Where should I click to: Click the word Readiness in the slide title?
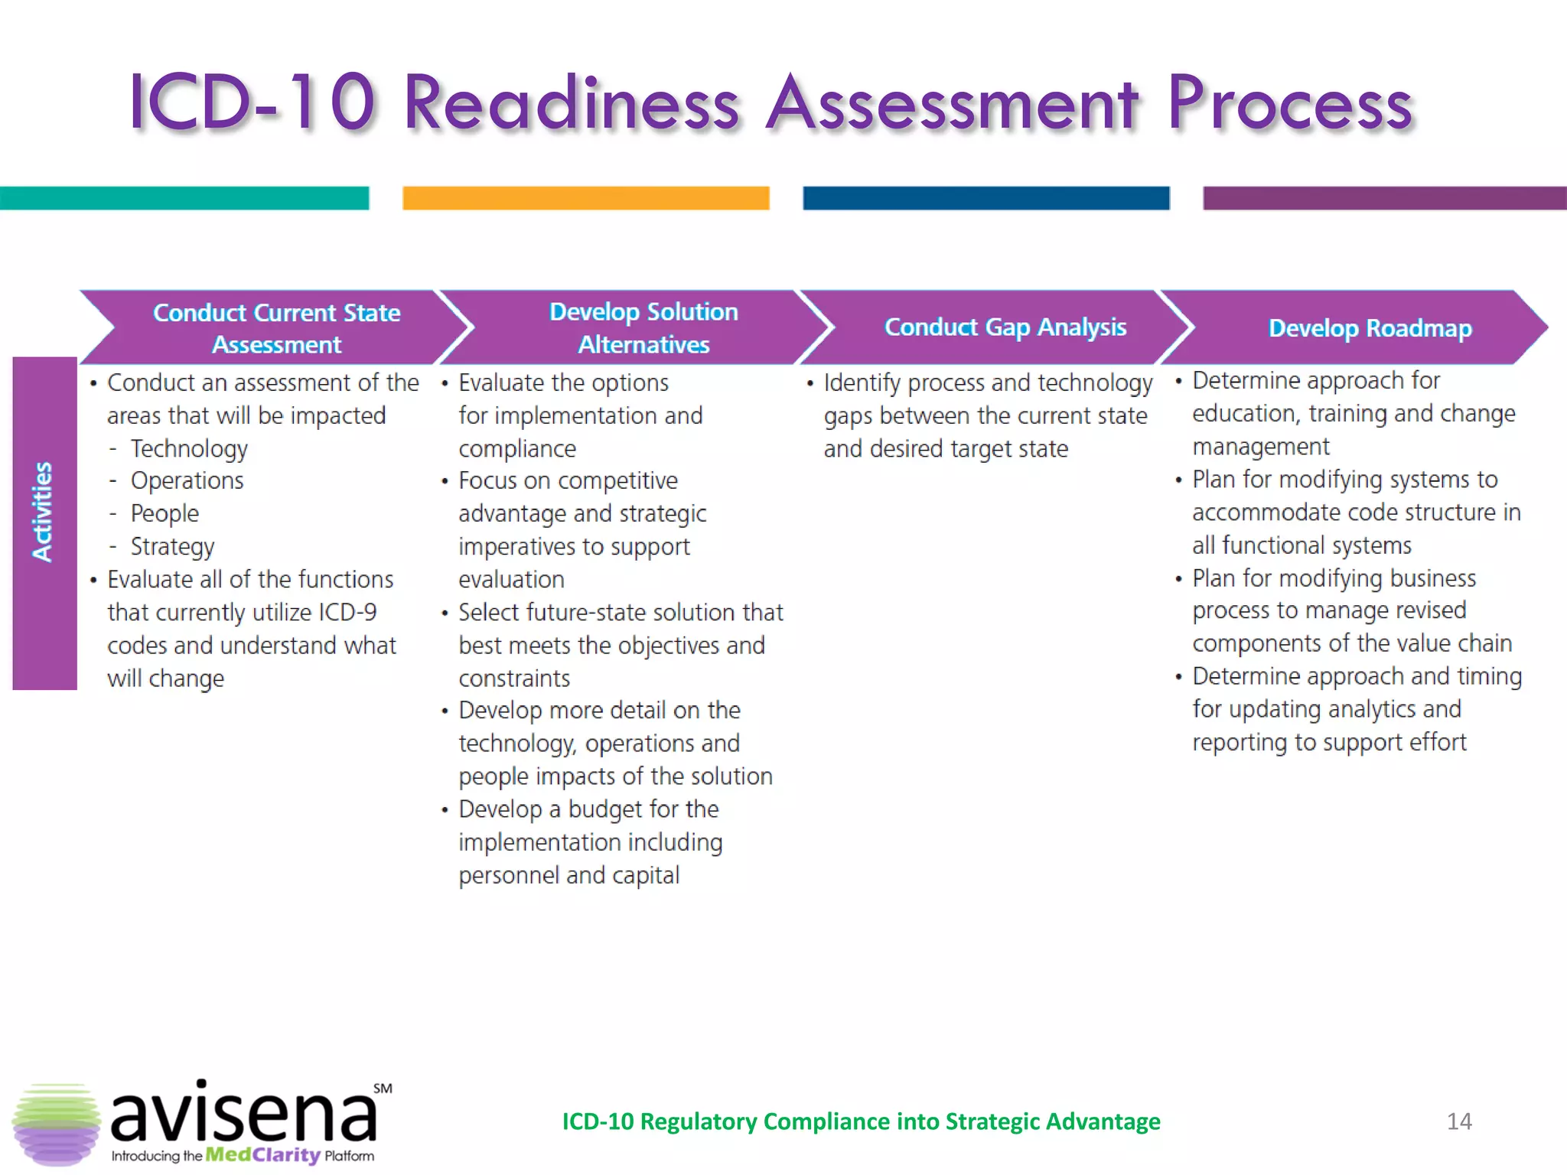tap(571, 104)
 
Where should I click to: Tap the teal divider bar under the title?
tap(184, 198)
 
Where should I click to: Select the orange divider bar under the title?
tap(585, 198)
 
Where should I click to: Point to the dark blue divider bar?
tap(985, 198)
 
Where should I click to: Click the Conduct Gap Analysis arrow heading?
tap(1005, 327)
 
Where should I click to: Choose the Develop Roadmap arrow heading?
tap(1370, 328)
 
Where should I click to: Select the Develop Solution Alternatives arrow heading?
tap(643, 328)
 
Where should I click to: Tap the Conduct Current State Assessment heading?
tap(276, 328)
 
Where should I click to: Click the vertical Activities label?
tap(44, 512)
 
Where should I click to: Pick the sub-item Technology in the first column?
tap(189, 449)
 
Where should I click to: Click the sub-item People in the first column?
tap(165, 514)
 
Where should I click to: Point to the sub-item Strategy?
tap(172, 547)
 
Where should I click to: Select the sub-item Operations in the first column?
tap(187, 481)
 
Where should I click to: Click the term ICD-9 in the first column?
tap(347, 613)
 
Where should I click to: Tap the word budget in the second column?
tap(614, 809)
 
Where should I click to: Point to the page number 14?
tap(1459, 1121)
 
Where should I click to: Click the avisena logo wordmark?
tap(243, 1114)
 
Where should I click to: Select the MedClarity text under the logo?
tap(262, 1155)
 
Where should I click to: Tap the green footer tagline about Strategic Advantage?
tap(861, 1121)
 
